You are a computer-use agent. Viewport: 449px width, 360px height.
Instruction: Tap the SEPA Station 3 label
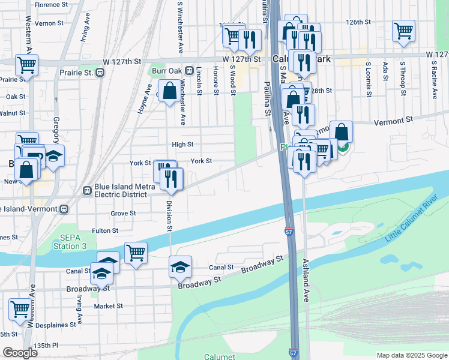coord(66,242)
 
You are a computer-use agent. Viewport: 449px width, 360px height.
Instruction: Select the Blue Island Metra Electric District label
coord(120,190)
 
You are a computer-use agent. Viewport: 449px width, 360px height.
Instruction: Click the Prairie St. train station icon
coord(100,73)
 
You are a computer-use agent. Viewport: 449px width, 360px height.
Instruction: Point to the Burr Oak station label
coord(166,71)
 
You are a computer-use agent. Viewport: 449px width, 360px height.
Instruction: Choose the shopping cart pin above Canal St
coord(136,252)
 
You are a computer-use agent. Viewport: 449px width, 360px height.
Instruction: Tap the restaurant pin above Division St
coord(172,178)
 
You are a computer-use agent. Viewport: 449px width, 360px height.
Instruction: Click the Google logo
coord(20,353)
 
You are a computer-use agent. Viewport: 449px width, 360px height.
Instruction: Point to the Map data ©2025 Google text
coord(411,355)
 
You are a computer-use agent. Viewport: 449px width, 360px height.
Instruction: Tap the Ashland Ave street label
coord(306,280)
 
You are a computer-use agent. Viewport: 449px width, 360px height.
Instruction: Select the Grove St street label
coord(123,213)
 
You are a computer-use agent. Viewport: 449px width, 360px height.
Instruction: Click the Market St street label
coord(109,306)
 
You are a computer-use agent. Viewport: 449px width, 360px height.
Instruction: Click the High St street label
coord(182,145)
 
